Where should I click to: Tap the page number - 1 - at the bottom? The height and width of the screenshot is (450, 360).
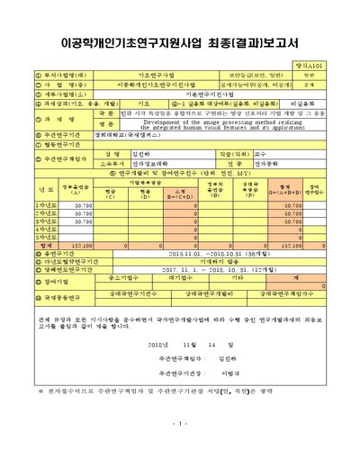tap(180, 424)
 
